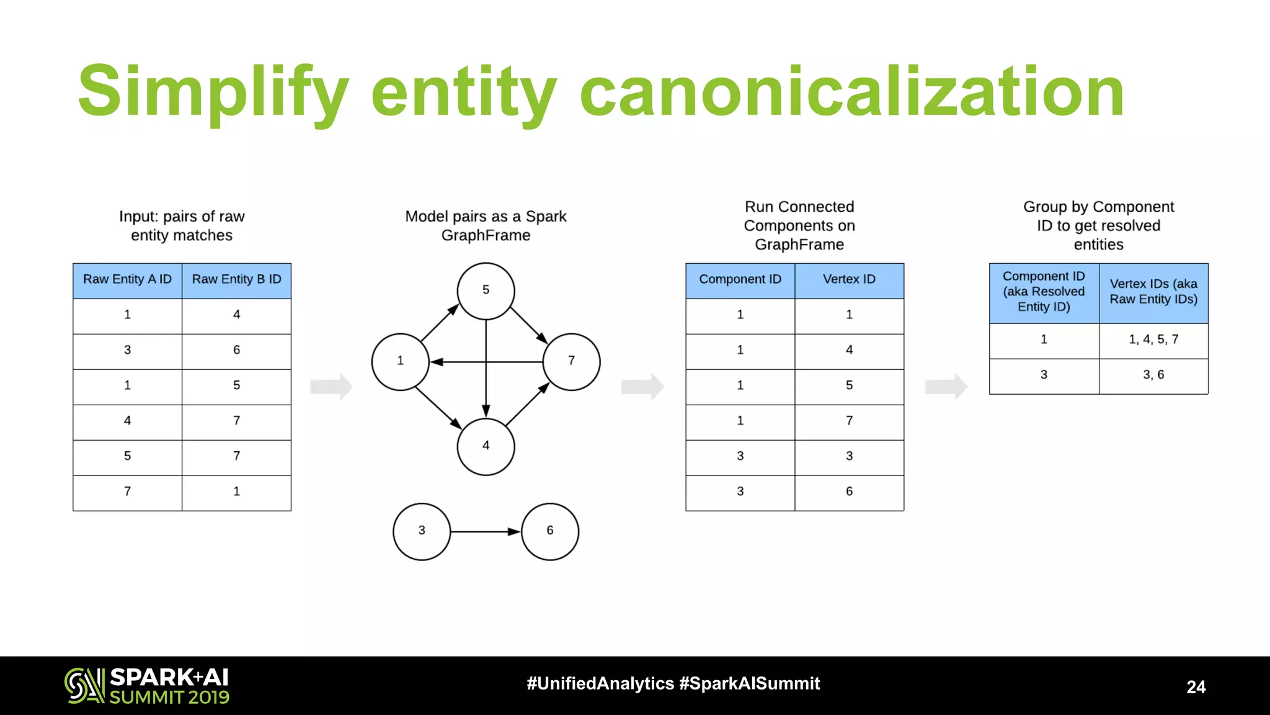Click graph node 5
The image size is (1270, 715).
point(486,290)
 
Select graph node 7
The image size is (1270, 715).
point(571,361)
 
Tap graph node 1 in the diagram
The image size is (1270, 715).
point(400,361)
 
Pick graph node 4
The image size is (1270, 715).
point(486,446)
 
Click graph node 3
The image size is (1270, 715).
point(422,531)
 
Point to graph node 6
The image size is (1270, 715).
point(550,531)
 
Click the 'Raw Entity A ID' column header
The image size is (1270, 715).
point(127,280)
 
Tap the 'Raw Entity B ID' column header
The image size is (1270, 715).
point(236,280)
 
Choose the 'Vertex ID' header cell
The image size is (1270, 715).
point(849,280)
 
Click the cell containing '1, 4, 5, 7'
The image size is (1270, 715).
point(1153,340)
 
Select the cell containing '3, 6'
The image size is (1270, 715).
point(1153,375)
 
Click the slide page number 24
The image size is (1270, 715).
point(1196,687)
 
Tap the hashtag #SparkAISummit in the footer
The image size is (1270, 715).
point(749,684)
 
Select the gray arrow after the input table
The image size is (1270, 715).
point(331,387)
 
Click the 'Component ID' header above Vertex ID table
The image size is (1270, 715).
point(740,280)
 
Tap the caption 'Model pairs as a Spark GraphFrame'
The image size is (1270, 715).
point(486,226)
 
